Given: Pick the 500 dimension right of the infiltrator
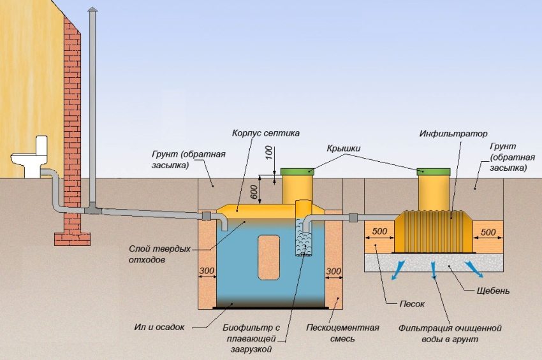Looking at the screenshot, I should (489, 231).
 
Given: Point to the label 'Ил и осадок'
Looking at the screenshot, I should (163, 327).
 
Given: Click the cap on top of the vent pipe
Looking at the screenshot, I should (92, 12).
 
